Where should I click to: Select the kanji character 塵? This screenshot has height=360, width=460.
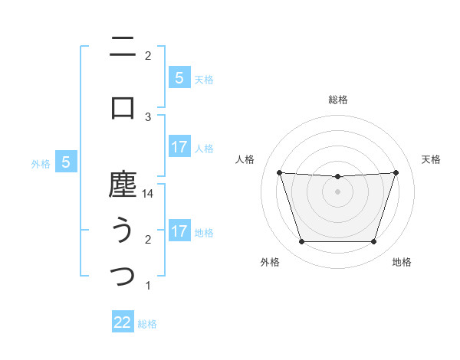123,185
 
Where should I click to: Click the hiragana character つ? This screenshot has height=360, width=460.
123,277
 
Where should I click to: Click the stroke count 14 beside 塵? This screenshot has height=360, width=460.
148,195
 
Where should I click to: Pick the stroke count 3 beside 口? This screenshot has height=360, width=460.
148,116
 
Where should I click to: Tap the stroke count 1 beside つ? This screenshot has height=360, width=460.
148,286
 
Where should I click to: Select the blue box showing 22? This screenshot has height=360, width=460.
123,322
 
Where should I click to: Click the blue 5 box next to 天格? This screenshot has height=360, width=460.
179,77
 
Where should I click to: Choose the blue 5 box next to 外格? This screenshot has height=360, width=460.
66,162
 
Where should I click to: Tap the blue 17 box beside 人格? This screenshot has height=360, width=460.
179,147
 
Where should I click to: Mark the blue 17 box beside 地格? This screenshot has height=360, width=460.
179,231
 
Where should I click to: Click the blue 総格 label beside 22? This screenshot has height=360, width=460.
147,324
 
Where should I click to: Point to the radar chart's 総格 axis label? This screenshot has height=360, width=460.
337,100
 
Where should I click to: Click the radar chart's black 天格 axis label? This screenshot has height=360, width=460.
432,159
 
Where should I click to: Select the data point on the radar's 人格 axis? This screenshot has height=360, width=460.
279,172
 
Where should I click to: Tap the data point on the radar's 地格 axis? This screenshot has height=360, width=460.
373,242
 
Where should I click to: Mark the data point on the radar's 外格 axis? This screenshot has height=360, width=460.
301,242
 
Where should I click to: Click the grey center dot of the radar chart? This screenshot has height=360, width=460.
337,191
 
